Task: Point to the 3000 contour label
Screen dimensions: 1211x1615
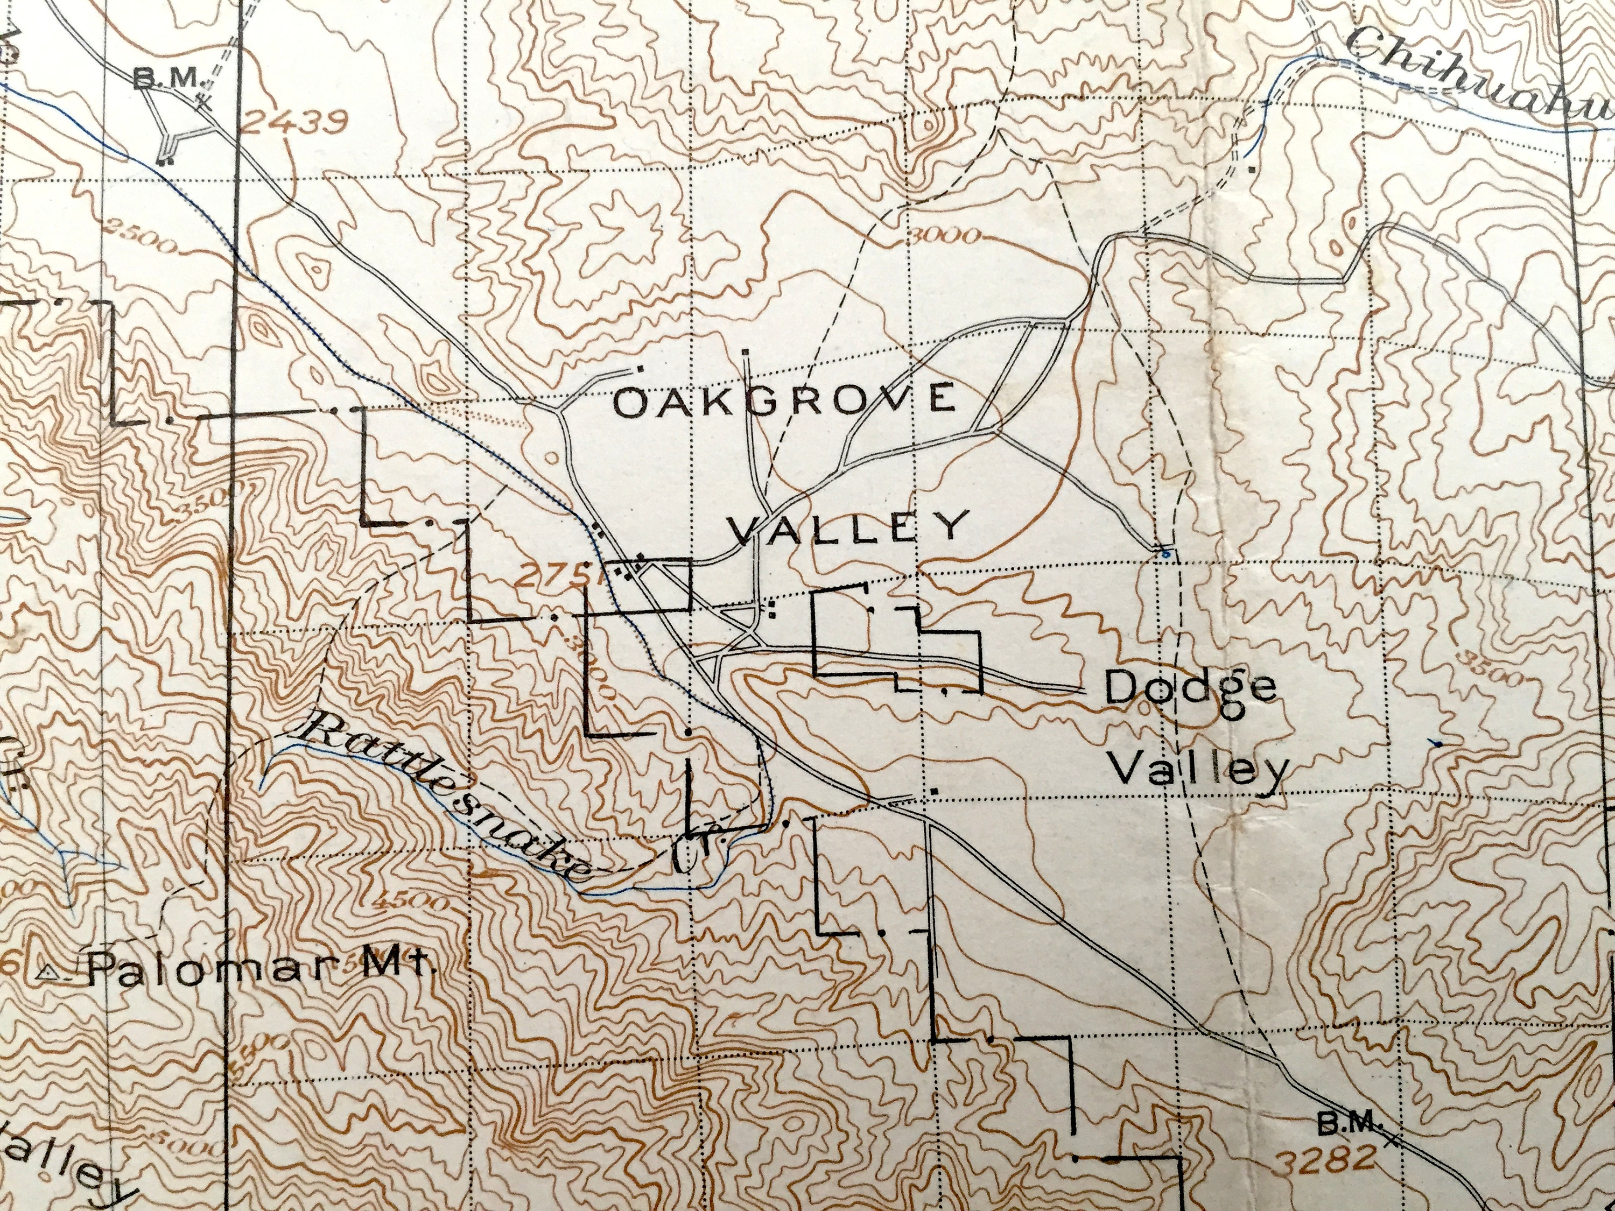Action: (942, 236)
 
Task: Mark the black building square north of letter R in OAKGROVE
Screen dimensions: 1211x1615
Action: (745, 352)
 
